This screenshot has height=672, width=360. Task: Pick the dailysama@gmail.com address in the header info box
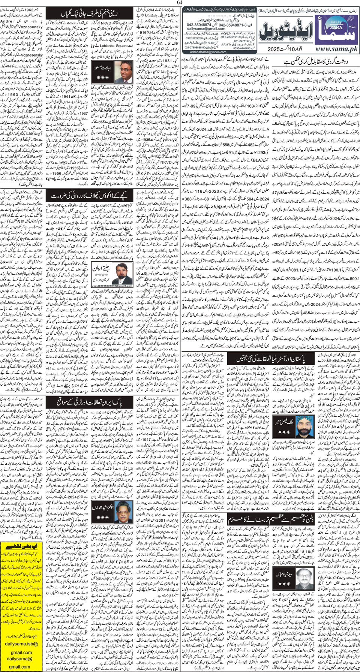point(210,28)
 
